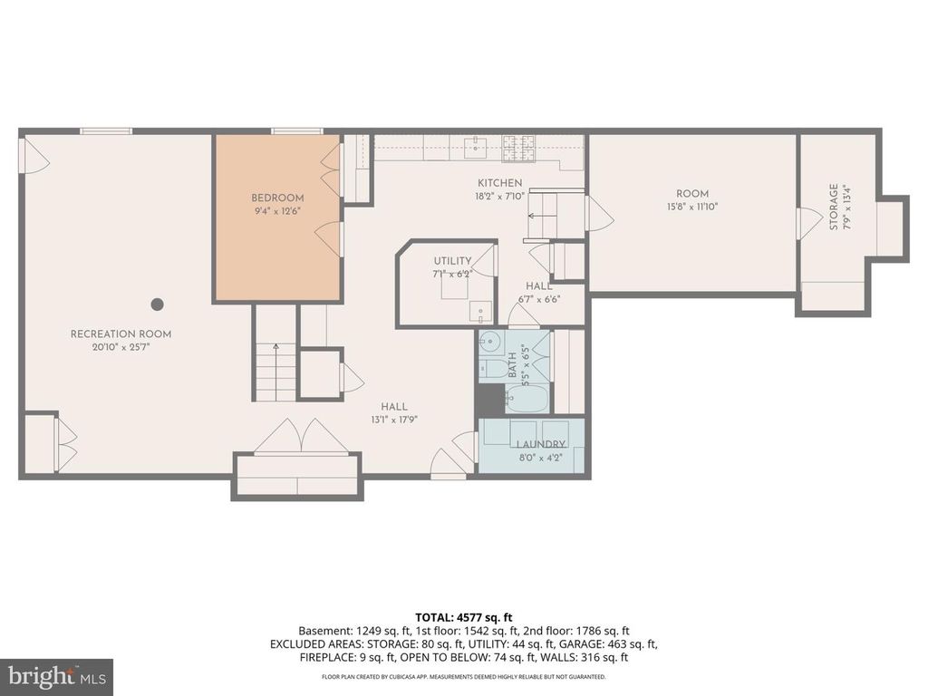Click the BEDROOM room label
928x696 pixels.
coord(277,198)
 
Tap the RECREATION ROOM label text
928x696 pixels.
coord(121,334)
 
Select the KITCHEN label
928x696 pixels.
coord(500,183)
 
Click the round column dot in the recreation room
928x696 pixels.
coord(158,304)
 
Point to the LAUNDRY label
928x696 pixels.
coord(541,444)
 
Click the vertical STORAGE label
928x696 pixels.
coord(834,208)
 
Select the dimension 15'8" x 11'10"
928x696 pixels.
coord(692,207)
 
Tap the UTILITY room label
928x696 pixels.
coord(451,261)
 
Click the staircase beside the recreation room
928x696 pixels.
coord(275,372)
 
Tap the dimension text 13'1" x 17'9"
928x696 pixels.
coord(394,420)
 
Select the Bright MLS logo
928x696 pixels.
coord(56,676)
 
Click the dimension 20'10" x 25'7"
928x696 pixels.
coord(121,347)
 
